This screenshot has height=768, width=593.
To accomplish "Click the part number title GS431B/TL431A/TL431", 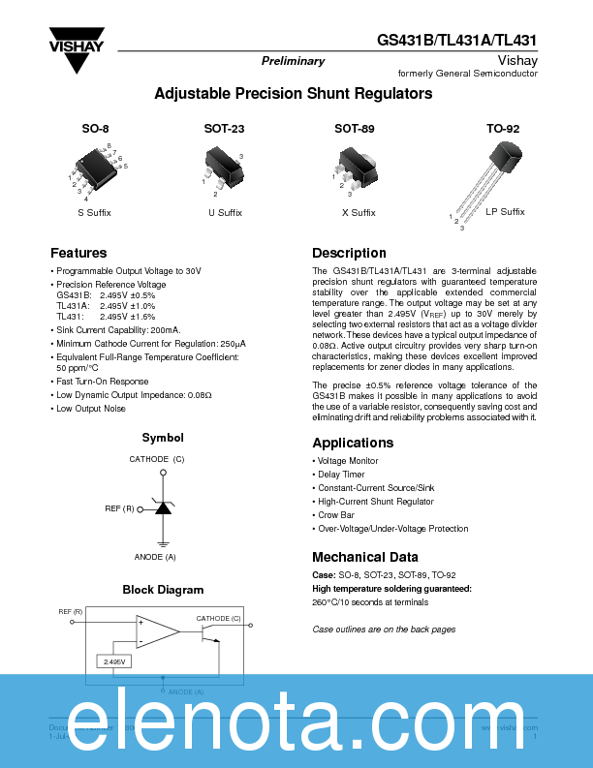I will pyautogui.click(x=457, y=41).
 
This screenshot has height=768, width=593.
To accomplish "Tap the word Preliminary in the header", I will pyautogui.click(x=293, y=61).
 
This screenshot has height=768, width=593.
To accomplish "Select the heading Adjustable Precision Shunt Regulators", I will pyautogui.click(x=294, y=94).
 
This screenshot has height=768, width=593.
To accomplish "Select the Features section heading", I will pyautogui.click(x=78, y=253).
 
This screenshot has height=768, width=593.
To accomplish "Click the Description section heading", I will pyautogui.click(x=349, y=253).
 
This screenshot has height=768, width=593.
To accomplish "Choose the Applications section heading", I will pyautogui.click(x=353, y=443).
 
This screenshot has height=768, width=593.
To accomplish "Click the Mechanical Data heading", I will pyautogui.click(x=365, y=557).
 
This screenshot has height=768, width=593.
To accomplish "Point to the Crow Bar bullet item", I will pyautogui.click(x=336, y=515).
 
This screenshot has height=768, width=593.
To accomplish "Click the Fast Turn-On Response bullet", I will pyautogui.click(x=102, y=382).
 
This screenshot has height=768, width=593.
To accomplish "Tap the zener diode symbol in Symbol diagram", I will pyautogui.click(x=163, y=507).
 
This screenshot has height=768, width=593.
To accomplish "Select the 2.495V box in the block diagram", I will pyautogui.click(x=114, y=661).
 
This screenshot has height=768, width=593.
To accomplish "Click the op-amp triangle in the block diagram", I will pyautogui.click(x=156, y=631).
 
